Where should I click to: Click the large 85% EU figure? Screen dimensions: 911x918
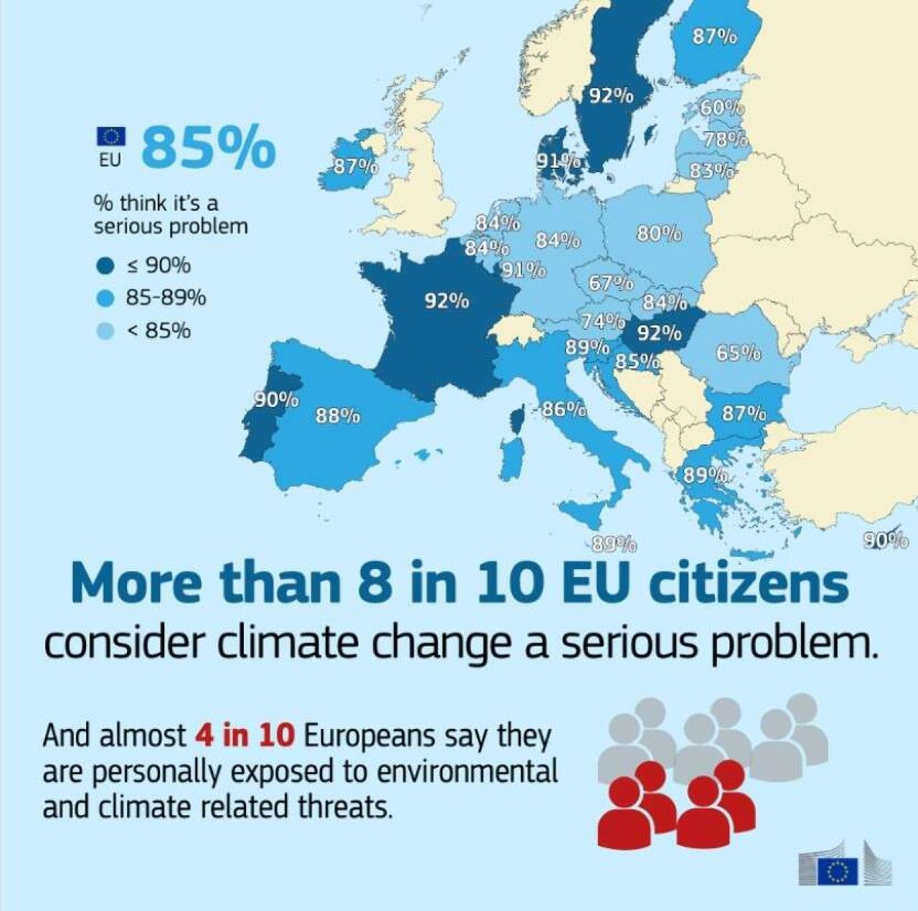[x=209, y=147]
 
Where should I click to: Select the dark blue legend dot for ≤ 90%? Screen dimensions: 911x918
[x=105, y=267]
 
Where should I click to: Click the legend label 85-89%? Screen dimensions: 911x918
[x=166, y=297]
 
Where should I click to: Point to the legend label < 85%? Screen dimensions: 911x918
[x=158, y=330]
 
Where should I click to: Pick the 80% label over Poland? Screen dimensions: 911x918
[x=658, y=234]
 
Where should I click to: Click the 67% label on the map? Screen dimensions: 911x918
[x=611, y=283]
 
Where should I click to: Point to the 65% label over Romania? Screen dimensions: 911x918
[x=738, y=353]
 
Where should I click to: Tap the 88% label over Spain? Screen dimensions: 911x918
[x=338, y=415]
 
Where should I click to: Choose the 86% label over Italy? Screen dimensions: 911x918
[x=564, y=409]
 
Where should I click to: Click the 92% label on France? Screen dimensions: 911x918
[x=447, y=300]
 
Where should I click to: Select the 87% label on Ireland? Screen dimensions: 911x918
[x=356, y=166]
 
